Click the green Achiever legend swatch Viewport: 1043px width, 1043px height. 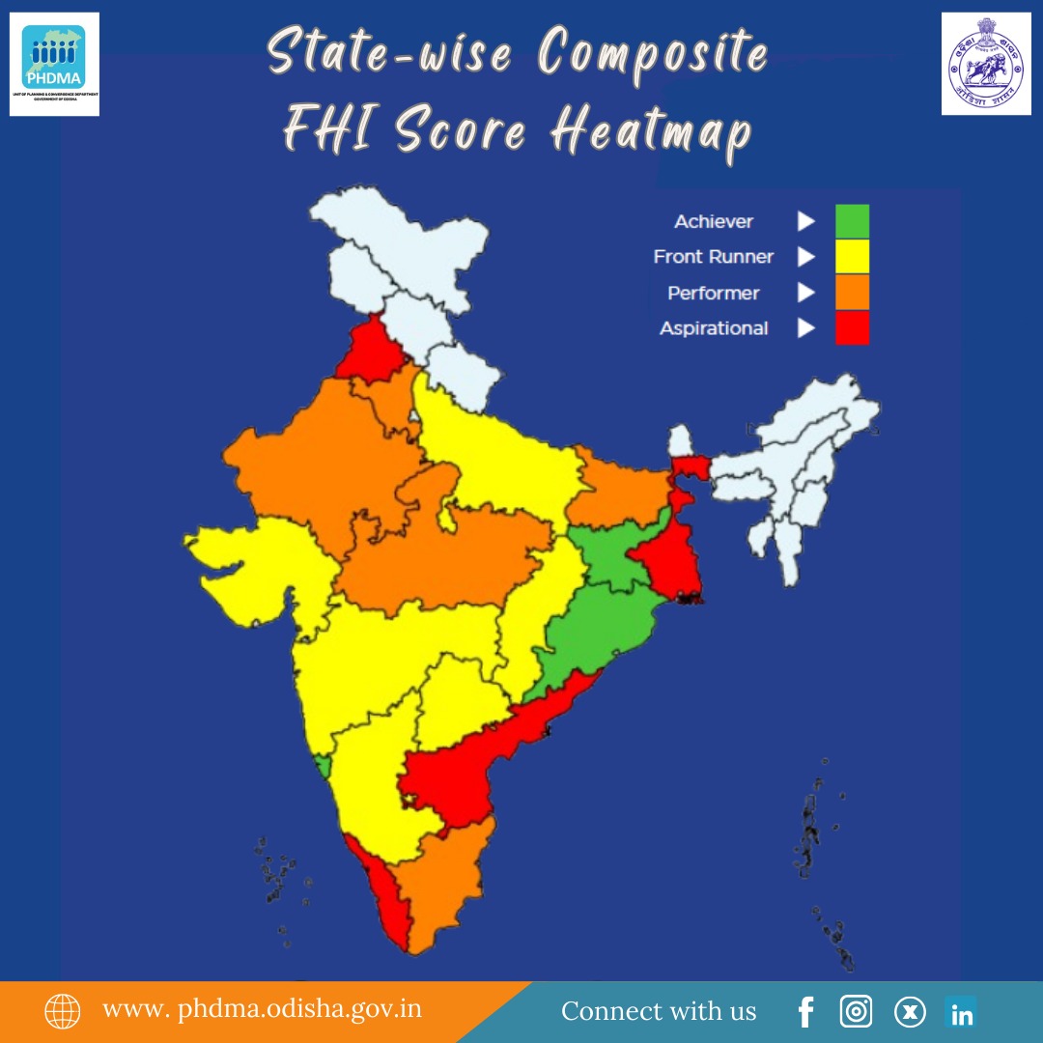(852, 221)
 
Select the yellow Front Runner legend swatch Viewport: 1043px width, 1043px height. (852, 257)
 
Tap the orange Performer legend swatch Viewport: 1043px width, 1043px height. (852, 293)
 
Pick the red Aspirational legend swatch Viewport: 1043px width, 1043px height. (852, 328)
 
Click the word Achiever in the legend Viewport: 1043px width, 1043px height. (714, 222)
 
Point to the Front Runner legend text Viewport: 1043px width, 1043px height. (714, 257)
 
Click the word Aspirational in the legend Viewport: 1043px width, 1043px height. (714, 328)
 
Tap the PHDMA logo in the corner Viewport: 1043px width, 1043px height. (54, 65)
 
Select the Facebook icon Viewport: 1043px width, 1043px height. (806, 1012)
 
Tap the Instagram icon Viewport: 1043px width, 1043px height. (856, 1012)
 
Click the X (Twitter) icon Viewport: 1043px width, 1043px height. (909, 1012)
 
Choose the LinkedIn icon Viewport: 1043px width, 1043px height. (962, 1012)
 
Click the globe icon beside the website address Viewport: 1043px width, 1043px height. (63, 1011)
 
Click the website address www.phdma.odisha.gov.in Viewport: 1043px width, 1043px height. (263, 1010)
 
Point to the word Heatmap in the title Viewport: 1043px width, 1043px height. (651, 133)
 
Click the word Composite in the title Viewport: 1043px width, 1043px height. (653, 56)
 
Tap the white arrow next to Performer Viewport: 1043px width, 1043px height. (805, 293)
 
